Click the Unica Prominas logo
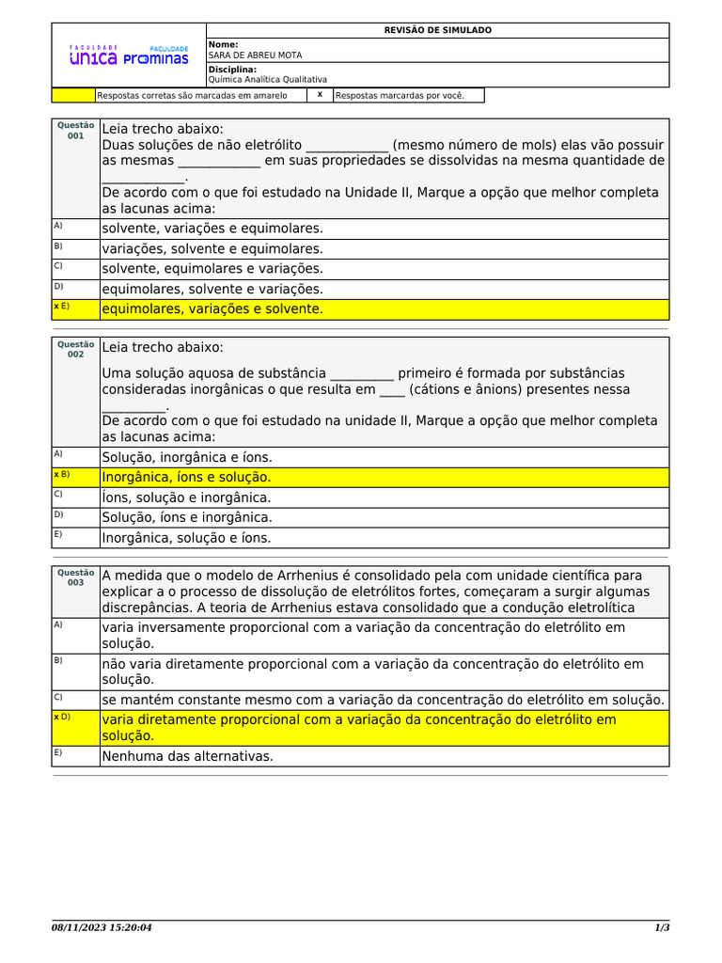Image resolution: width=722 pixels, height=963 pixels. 129,56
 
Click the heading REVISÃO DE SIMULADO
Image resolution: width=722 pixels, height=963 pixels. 437,30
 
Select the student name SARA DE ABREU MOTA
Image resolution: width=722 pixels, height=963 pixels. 248,55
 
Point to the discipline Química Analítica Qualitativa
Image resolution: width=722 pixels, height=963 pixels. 267,80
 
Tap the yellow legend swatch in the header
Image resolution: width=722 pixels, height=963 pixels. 72,95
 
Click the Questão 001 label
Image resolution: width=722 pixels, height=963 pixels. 75,131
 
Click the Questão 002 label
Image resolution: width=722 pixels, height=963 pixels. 75,350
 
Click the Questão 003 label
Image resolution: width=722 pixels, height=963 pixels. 75,577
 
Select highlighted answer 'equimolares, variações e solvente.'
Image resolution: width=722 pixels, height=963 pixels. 212,309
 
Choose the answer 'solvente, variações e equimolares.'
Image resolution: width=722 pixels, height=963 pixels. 212,229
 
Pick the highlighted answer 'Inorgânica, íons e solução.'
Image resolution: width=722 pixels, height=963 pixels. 186,478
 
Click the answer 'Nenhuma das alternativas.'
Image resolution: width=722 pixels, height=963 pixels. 187,755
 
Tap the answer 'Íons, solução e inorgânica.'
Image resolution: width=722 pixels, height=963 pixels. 186,497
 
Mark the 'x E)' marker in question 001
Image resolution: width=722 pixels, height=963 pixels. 61,307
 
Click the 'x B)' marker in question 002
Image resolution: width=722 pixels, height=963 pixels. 61,474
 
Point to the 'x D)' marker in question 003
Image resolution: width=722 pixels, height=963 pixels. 61,717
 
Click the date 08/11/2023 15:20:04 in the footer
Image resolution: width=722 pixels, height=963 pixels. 102,928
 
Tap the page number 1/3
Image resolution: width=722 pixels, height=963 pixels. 662,928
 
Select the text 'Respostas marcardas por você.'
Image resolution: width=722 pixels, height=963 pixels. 400,95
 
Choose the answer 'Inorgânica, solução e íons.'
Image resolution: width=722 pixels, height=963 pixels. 186,538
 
